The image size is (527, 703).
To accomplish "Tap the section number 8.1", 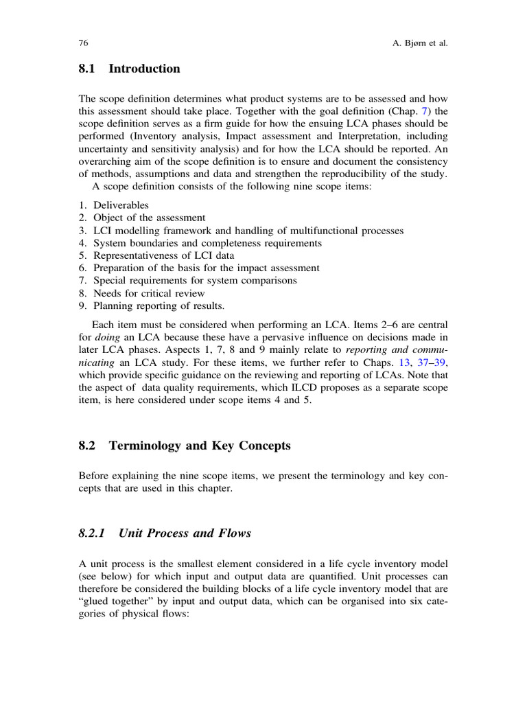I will pos(89,69).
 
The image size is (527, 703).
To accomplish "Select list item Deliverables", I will pos(121,205).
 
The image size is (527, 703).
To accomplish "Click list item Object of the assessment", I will pos(149,218).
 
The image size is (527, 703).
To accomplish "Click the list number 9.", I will pos(83,305).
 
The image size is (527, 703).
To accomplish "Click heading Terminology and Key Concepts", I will pos(204,446).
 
